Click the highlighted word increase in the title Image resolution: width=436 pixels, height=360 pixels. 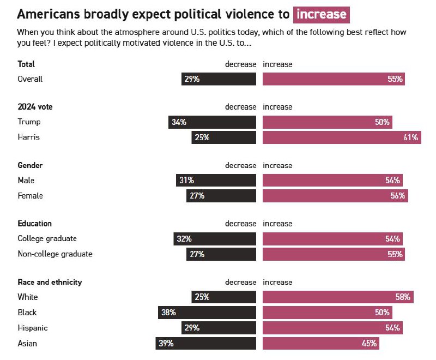(321, 14)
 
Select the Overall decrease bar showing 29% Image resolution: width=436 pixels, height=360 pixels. (219, 79)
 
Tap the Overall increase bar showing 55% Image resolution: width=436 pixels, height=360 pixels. (334, 79)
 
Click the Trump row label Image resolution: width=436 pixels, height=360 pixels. (29, 122)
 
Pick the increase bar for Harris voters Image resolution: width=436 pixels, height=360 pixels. (342, 137)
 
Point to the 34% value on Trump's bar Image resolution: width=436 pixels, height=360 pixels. (179, 122)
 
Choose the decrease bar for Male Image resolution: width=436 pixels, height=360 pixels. (216, 180)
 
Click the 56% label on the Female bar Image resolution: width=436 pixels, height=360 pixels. (397, 195)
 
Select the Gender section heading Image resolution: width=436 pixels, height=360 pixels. (30, 165)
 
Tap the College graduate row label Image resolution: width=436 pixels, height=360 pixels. (47, 238)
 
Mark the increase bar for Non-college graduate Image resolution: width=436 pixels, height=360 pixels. (334, 254)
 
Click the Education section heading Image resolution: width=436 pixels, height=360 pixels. (34, 224)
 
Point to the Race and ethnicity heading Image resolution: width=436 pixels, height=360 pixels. (50, 282)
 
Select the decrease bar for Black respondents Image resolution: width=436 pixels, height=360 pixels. (207, 313)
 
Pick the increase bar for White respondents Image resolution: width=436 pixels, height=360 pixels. (338, 297)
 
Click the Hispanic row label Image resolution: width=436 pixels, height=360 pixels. (33, 328)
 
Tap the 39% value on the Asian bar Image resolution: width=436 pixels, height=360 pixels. (166, 343)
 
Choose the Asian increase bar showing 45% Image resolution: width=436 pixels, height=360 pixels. (320, 343)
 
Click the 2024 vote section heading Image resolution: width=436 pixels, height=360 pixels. (35, 107)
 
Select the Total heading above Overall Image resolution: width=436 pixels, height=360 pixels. (26, 64)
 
